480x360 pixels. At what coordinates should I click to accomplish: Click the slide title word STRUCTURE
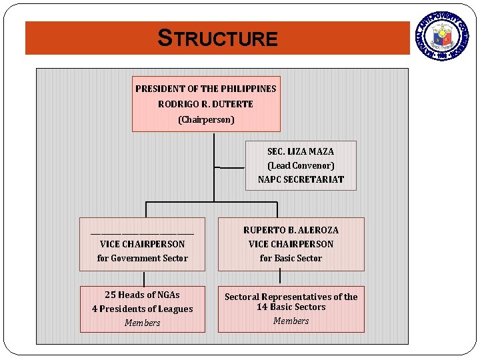(217, 38)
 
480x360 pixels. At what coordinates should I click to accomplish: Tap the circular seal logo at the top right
(443, 36)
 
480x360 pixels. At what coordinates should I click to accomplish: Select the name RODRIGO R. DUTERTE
(205, 104)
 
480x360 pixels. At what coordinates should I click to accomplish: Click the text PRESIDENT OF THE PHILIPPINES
(205, 89)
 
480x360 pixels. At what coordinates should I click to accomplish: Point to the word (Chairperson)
(205, 120)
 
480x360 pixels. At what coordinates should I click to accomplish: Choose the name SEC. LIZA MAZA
(301, 151)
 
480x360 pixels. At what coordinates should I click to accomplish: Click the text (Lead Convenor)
(301, 165)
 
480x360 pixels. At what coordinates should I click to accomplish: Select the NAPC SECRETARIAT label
(301, 179)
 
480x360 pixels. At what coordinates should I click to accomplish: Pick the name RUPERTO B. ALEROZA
(291, 230)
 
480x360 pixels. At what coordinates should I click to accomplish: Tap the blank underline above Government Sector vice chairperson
(142, 233)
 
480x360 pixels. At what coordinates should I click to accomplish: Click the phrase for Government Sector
(142, 258)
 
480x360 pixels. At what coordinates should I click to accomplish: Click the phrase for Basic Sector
(291, 258)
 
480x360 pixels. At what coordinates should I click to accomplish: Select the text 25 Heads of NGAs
(142, 295)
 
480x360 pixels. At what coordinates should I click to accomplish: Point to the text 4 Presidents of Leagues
(142, 309)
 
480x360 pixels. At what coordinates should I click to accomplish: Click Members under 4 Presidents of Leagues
(142, 323)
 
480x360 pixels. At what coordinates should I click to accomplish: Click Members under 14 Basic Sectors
(291, 321)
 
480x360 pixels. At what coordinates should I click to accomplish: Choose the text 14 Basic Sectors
(291, 307)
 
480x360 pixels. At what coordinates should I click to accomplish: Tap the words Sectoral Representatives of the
(291, 297)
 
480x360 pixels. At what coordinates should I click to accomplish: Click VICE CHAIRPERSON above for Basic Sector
(291, 244)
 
